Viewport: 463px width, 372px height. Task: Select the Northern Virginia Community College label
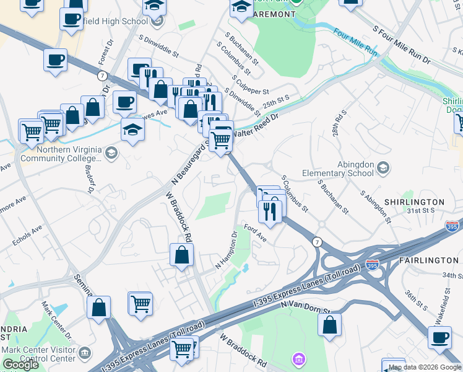pos(60,154)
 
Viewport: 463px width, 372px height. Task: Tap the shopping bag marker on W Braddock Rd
pos(182,255)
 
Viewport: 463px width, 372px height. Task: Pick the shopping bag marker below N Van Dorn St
pos(330,324)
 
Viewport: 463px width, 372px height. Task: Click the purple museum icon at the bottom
pos(299,359)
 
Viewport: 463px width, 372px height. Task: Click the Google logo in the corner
pos(20,365)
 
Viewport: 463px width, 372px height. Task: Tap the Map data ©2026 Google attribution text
pos(424,367)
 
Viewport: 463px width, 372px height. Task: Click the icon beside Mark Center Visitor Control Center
pos(85,353)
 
